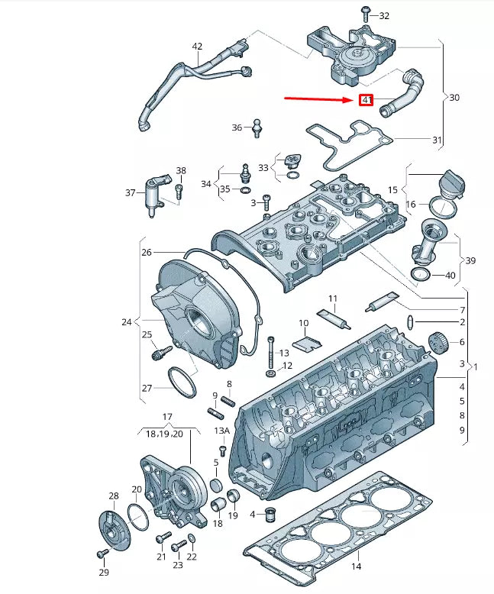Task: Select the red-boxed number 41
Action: tap(366, 100)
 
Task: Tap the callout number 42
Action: tap(197, 47)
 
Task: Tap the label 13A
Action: tap(221, 431)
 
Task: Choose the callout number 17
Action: tap(167, 416)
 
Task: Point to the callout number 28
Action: tap(113, 497)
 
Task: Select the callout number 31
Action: tap(437, 140)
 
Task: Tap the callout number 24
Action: tap(127, 322)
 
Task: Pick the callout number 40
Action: tap(450, 276)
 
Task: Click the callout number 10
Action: tap(303, 323)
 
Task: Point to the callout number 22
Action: tap(192, 557)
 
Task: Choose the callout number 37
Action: tap(131, 192)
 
